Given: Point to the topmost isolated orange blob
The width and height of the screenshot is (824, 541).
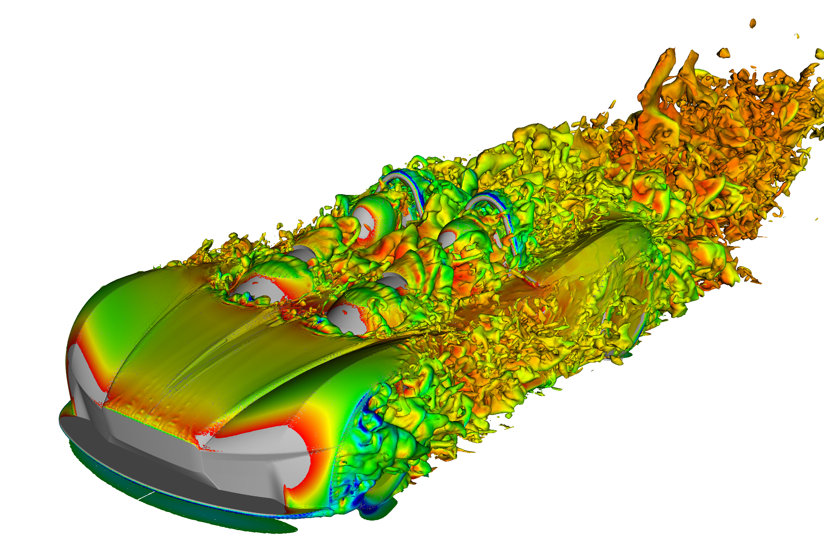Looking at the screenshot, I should click(752, 23).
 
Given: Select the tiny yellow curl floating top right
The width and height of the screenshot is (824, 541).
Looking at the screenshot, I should click(797, 36).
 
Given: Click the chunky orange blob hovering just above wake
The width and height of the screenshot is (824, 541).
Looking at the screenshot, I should click(723, 52).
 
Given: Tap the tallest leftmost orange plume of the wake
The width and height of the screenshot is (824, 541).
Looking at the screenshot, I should click(660, 77).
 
